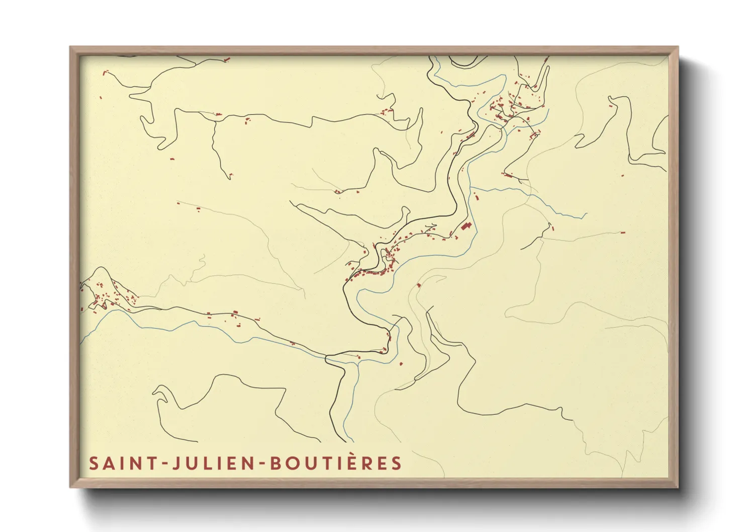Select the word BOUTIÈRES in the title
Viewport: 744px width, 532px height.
(x=336, y=463)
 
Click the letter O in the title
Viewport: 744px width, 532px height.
(x=294, y=463)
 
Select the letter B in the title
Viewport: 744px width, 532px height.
(x=275, y=463)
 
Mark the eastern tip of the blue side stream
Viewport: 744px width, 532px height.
(x=586, y=214)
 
